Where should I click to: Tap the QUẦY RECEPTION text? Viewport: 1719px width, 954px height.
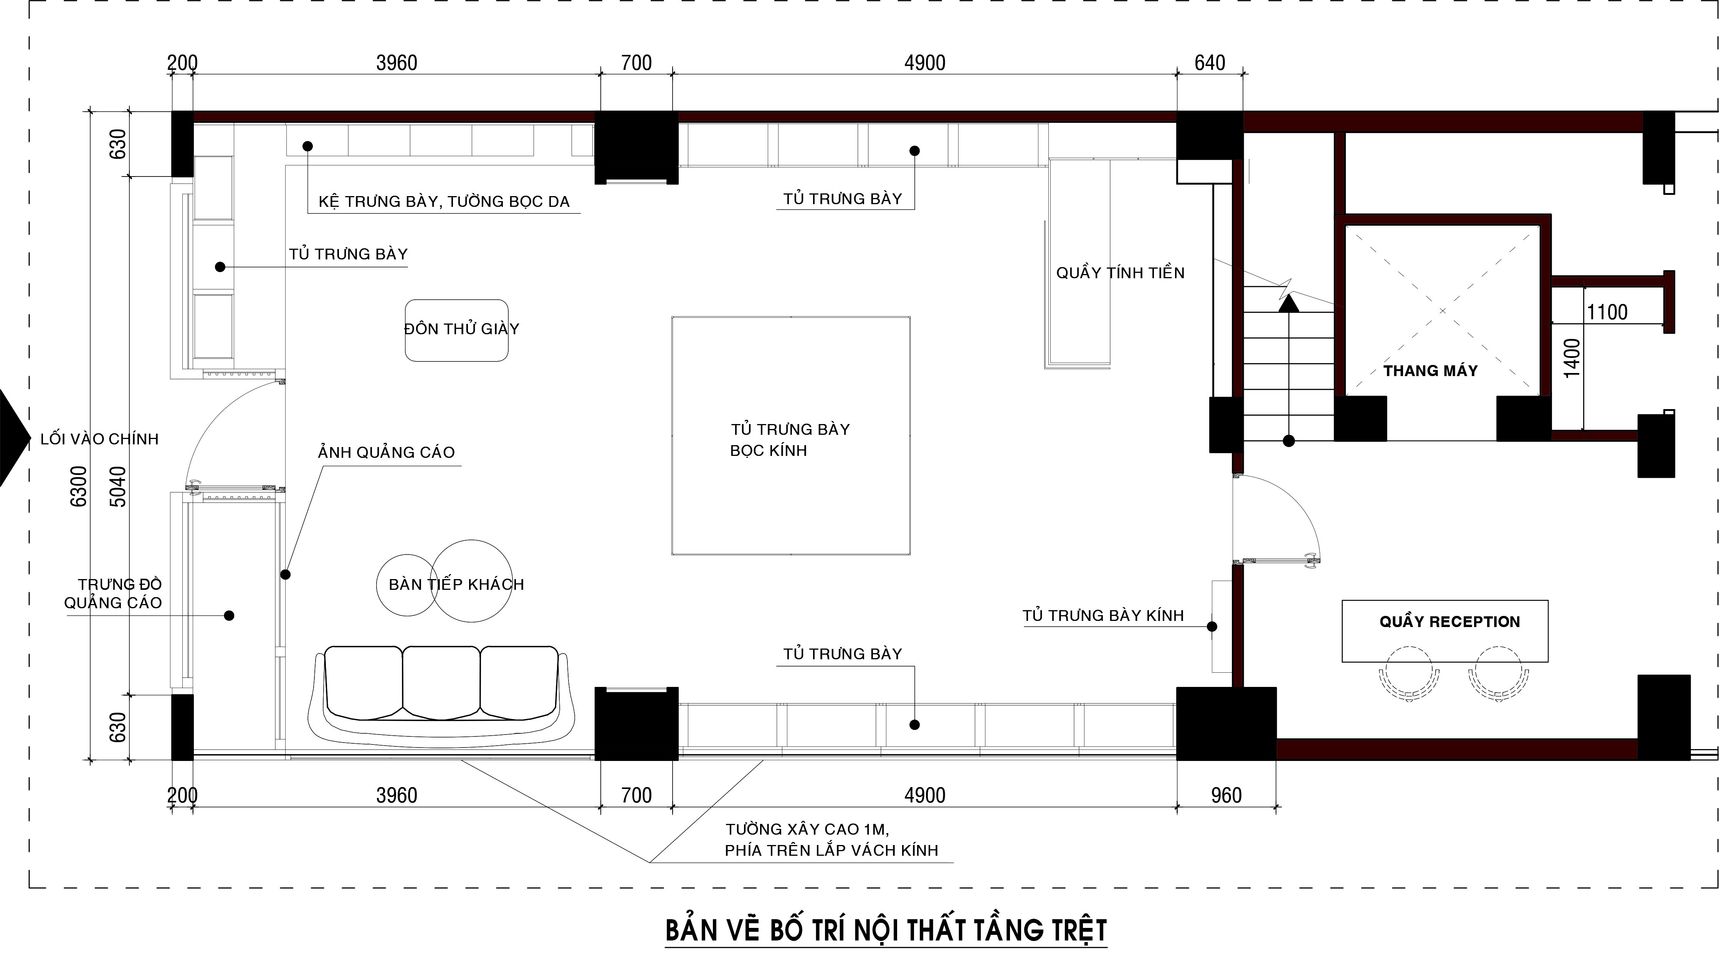(x=1450, y=622)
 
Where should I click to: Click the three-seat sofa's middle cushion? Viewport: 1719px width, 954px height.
(x=441, y=682)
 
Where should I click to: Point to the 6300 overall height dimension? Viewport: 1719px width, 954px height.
(x=79, y=486)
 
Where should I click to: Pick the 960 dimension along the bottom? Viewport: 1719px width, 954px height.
(x=1226, y=795)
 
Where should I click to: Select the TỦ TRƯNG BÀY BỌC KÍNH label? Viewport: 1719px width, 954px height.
(x=790, y=440)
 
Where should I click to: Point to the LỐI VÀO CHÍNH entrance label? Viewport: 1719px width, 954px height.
(x=99, y=439)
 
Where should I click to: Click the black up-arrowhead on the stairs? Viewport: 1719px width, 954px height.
(x=1289, y=304)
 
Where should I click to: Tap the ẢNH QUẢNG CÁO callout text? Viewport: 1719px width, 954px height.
(x=387, y=452)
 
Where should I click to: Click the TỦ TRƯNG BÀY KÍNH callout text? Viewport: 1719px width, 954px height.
(x=1103, y=616)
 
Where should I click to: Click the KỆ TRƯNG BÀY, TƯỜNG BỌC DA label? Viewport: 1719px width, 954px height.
(x=444, y=201)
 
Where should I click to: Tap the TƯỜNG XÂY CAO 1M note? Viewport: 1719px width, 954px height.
(x=807, y=829)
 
